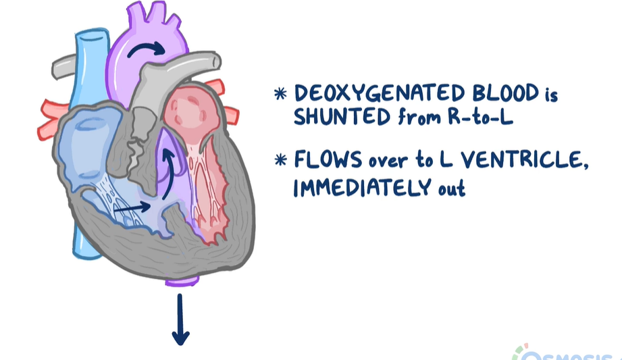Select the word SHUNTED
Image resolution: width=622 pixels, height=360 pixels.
click(x=340, y=118)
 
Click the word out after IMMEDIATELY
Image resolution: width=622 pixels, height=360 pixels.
click(x=453, y=187)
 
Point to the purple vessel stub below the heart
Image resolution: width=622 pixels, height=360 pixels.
click(x=182, y=282)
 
